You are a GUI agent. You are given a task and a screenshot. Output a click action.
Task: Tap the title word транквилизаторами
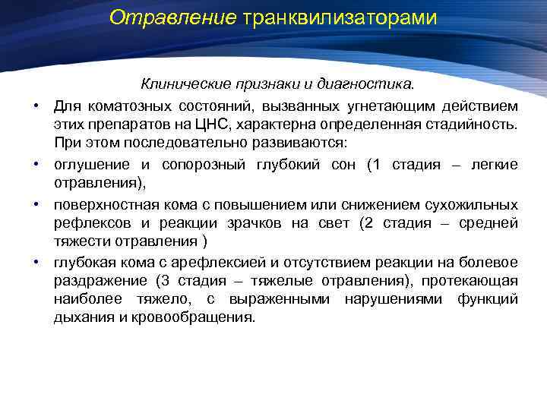pos(340,17)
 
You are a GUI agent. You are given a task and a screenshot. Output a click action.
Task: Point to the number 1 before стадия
pos(373,165)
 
